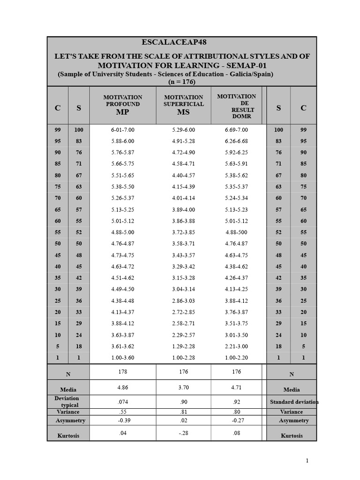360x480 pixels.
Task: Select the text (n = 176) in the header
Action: (x=181, y=82)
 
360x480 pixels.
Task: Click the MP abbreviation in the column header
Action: (x=122, y=112)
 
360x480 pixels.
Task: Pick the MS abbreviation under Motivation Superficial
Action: (x=183, y=112)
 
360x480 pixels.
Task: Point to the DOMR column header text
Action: (x=241, y=116)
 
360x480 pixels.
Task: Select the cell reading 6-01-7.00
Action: (x=122, y=130)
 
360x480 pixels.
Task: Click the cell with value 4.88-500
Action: (x=236, y=232)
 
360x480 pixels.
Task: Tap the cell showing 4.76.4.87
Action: (x=236, y=244)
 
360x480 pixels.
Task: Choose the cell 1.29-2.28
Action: (x=183, y=346)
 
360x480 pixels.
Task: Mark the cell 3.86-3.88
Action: (x=183, y=221)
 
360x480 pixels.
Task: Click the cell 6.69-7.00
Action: (x=236, y=130)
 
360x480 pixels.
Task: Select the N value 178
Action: (x=122, y=372)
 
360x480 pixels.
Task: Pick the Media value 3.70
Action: (x=183, y=388)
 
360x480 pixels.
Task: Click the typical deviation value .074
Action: (x=122, y=402)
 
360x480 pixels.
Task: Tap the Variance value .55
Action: (x=122, y=412)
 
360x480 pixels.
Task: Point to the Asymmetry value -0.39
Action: (x=122, y=420)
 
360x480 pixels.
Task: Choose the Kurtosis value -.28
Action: (x=183, y=433)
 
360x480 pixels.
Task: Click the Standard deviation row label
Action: (x=294, y=402)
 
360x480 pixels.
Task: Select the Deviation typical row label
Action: (x=69, y=402)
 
